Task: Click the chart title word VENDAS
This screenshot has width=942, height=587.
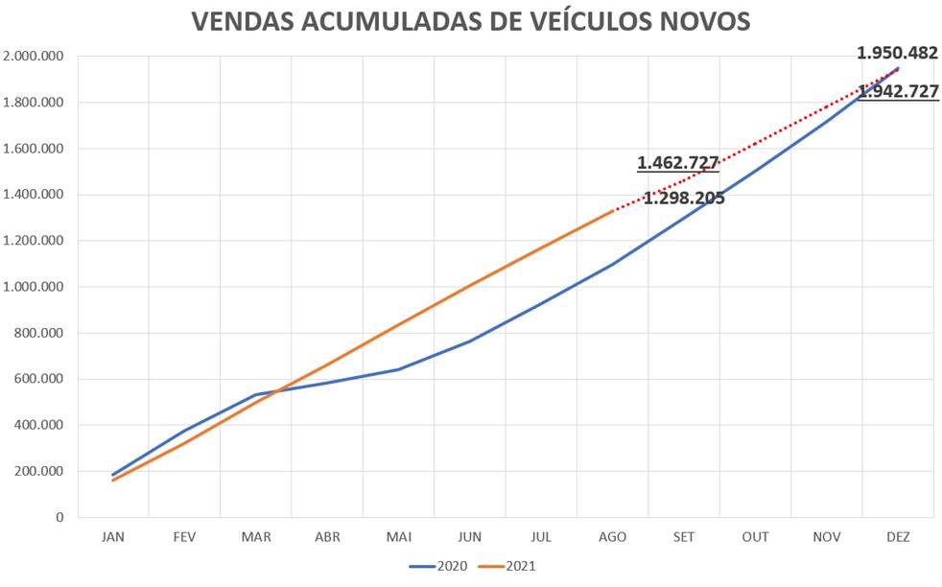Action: (243, 22)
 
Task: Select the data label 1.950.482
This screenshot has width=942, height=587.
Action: (898, 54)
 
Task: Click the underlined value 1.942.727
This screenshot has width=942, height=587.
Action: (898, 92)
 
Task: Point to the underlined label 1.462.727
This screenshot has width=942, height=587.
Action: (678, 162)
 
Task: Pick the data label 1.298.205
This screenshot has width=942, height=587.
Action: (683, 200)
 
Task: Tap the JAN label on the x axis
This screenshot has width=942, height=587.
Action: (113, 537)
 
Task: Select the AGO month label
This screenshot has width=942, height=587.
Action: (613, 537)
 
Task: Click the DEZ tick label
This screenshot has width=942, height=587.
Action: (898, 537)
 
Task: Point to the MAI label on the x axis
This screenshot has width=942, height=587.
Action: (398, 537)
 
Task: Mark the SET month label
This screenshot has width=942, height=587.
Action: (684, 537)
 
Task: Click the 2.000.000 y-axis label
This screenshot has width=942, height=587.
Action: (34, 57)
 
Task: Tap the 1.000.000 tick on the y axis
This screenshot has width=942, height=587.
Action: (34, 287)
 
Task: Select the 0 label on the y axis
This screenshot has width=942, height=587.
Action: (59, 517)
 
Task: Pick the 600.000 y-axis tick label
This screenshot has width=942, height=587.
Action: (39, 379)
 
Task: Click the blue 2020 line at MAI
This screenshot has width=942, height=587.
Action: (398, 369)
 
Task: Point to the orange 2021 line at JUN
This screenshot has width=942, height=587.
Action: (470, 285)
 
